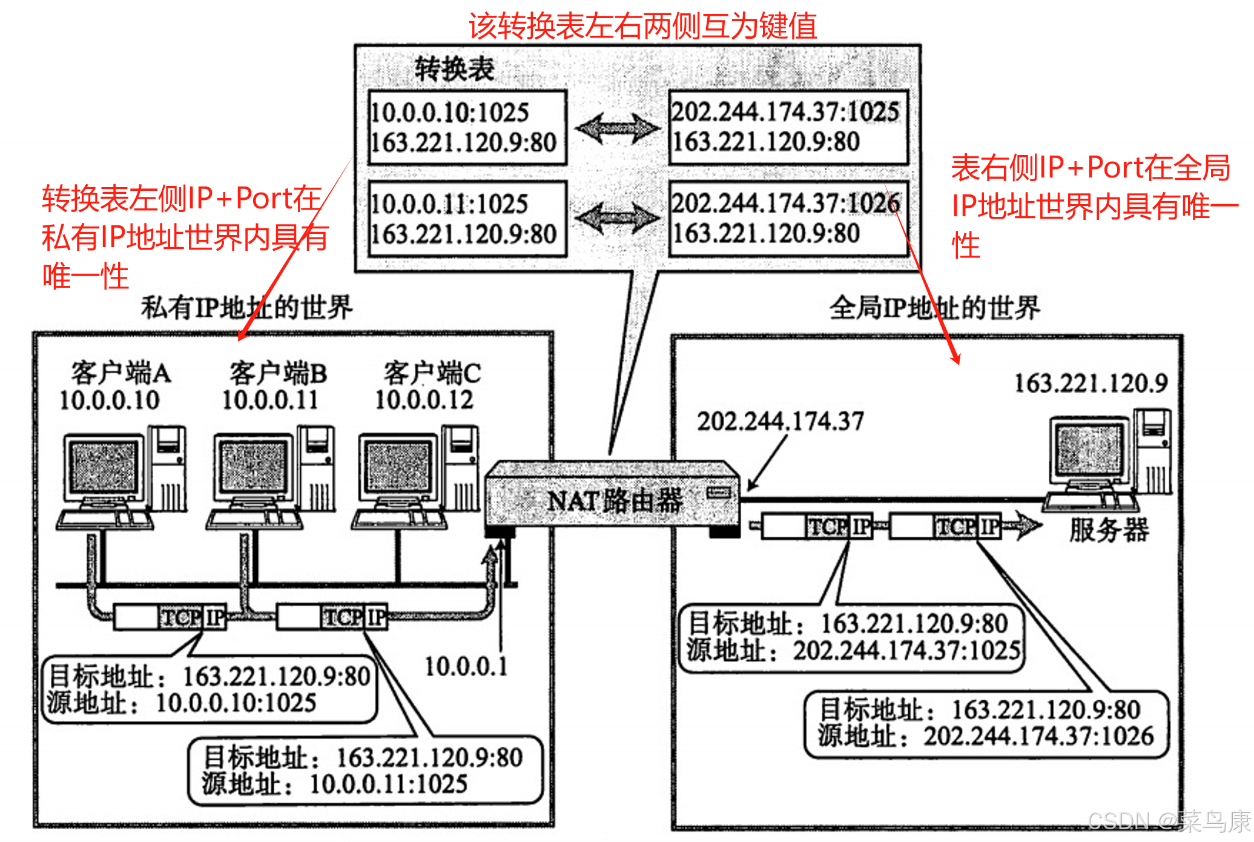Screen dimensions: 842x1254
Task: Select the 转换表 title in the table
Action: click(454, 68)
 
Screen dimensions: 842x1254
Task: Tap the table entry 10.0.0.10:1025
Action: click(449, 113)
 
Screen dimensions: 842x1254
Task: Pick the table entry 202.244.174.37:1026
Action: click(786, 203)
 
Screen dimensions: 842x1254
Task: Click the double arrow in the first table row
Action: click(617, 128)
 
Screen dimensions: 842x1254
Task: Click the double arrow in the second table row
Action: click(617, 217)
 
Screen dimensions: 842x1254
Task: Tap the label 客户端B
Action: click(278, 373)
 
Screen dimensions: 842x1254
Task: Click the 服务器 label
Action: click(1109, 529)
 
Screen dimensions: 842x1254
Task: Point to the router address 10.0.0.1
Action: click(466, 666)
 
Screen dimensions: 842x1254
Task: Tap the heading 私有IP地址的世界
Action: click(246, 307)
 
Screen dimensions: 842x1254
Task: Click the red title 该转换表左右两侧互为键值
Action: click(642, 25)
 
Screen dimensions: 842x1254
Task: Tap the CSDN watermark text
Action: click(1169, 821)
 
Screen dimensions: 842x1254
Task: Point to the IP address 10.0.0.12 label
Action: click(424, 400)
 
